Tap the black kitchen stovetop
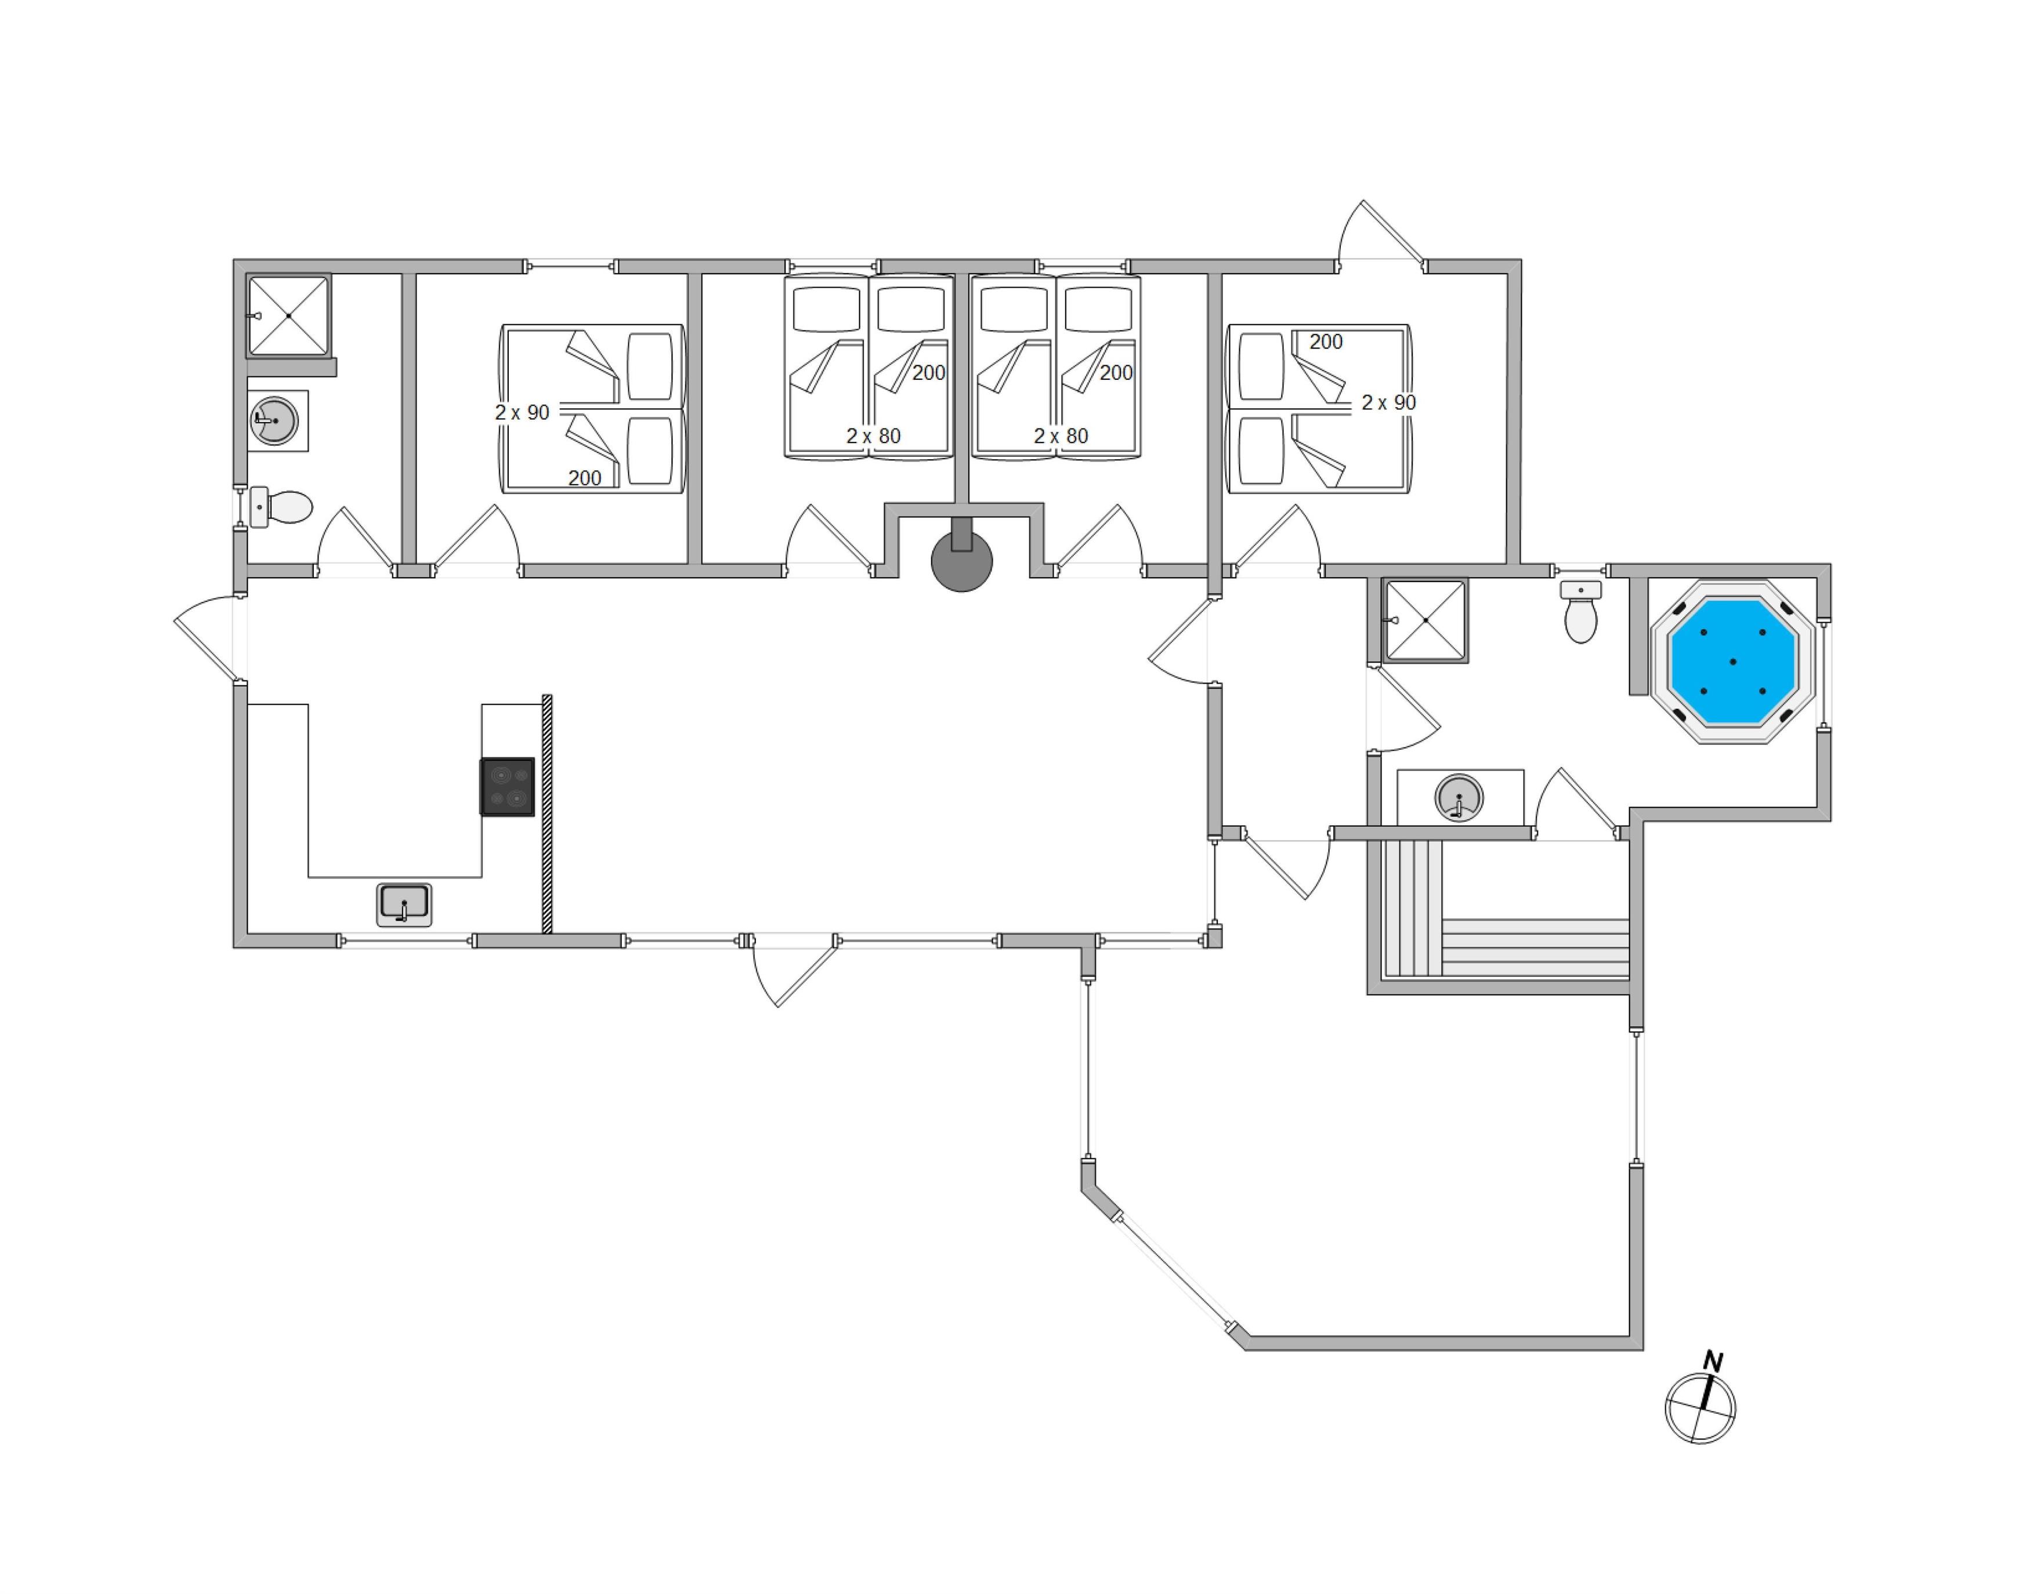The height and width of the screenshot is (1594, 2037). [508, 787]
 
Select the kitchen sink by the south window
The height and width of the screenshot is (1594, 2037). [404, 905]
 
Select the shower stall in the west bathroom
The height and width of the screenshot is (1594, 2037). [288, 315]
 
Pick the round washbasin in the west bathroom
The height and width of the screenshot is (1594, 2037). [274, 421]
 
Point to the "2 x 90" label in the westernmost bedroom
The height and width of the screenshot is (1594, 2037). [522, 412]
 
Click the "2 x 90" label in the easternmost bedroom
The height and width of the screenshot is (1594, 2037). [1388, 403]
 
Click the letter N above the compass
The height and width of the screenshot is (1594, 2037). [1712, 1361]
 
